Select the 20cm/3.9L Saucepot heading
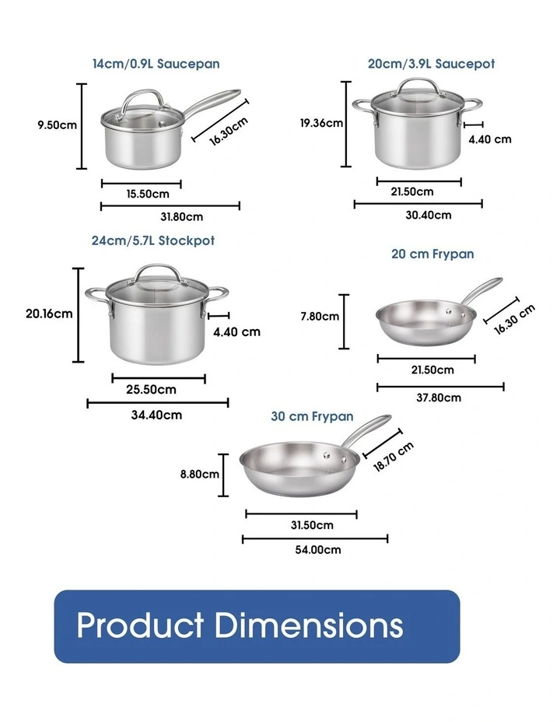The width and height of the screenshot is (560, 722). pyautogui.click(x=431, y=64)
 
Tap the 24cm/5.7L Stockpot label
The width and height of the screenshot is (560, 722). pyautogui.click(x=152, y=240)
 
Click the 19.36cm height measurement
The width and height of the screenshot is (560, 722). pyautogui.click(x=322, y=122)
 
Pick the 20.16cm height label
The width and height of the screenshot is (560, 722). pyautogui.click(x=49, y=314)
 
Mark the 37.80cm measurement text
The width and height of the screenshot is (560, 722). pyautogui.click(x=439, y=398)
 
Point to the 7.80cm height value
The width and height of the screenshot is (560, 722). pyautogui.click(x=320, y=316)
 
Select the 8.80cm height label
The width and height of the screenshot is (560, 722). pyautogui.click(x=200, y=473)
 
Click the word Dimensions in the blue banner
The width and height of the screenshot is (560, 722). pyautogui.click(x=308, y=626)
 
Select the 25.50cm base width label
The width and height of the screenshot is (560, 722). pyautogui.click(x=152, y=389)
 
